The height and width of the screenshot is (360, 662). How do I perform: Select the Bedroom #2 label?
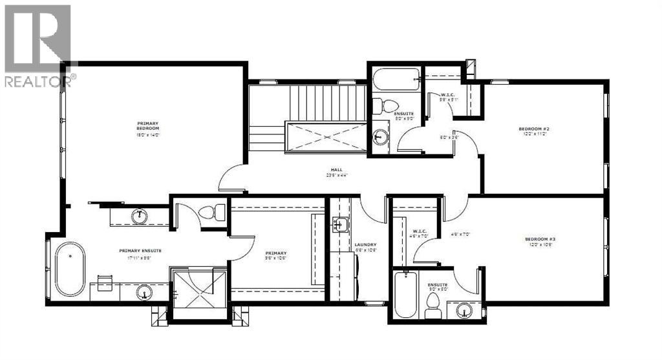533,129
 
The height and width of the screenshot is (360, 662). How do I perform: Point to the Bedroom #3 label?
540,240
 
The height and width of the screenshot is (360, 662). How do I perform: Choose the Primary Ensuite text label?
140,251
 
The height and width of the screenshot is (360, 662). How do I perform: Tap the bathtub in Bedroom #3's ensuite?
405,295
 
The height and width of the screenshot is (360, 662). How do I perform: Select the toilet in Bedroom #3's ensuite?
432,309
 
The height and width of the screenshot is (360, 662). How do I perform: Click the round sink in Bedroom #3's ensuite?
464,310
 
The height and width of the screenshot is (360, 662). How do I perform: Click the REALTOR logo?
38,45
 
